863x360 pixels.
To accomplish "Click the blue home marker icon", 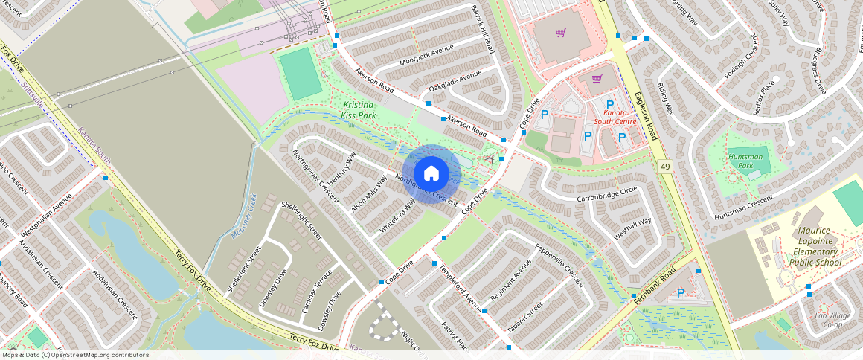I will click(431, 174).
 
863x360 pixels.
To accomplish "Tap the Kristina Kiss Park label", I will click(358, 110).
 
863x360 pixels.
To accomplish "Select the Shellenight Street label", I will click(301, 220).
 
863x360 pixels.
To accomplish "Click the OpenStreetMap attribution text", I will click(75, 355).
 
